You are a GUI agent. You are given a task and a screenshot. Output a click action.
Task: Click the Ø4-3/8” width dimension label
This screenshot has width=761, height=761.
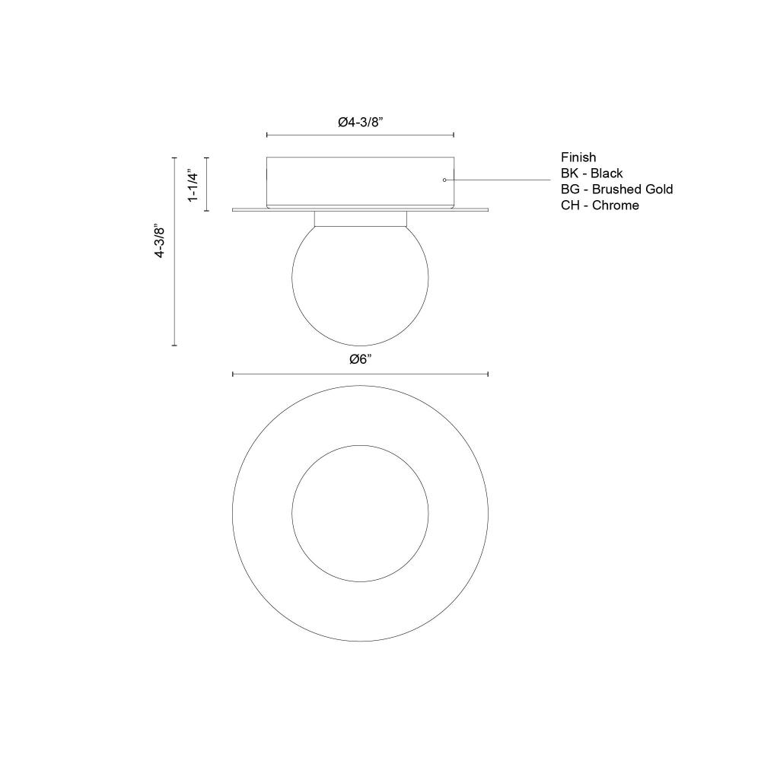point(360,123)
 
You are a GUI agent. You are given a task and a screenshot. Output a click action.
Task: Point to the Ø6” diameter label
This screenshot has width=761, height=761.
point(360,360)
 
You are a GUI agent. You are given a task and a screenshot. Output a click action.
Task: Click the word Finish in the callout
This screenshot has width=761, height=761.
point(578,158)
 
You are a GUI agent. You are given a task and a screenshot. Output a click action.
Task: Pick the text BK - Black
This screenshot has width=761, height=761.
point(591,174)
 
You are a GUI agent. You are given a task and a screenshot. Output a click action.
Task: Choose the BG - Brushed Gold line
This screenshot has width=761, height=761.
point(617,189)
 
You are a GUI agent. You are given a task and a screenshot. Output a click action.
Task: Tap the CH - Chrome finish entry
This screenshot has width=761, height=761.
point(600,205)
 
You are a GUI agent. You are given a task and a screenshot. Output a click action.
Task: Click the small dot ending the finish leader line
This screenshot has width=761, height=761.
point(444,180)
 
